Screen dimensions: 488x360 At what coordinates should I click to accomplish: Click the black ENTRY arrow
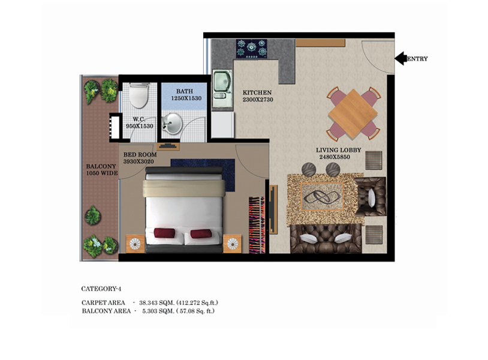pyautogui.click(x=401, y=58)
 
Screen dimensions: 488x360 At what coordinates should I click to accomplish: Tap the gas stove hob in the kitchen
pyautogui.click(x=251, y=49)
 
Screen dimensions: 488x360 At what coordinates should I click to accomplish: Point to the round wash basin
pyautogui.click(x=172, y=124)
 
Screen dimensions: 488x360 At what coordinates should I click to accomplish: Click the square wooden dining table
pyautogui.click(x=353, y=113)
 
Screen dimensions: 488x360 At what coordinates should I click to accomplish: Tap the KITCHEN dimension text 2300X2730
pyautogui.click(x=258, y=100)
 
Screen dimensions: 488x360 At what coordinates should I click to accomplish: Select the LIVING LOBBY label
pyautogui.click(x=339, y=150)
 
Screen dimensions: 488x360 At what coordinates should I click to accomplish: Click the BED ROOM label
pyautogui.click(x=140, y=154)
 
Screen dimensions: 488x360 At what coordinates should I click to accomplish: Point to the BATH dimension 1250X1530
pyautogui.click(x=186, y=98)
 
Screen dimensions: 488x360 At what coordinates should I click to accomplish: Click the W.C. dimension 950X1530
pyautogui.click(x=140, y=126)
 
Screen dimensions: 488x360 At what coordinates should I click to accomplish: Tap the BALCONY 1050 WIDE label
pyautogui.click(x=102, y=170)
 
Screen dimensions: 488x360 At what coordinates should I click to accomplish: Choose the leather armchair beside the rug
pyautogui.click(x=370, y=197)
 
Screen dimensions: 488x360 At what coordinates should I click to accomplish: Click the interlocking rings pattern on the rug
pyautogui.click(x=321, y=197)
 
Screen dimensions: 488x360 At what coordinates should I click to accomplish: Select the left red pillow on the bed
pyautogui.click(x=164, y=233)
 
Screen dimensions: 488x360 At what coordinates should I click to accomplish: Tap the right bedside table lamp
pyautogui.click(x=232, y=244)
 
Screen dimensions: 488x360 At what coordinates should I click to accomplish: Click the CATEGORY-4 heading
pyautogui.click(x=101, y=289)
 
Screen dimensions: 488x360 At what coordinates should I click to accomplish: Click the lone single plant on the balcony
pyautogui.click(x=93, y=215)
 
